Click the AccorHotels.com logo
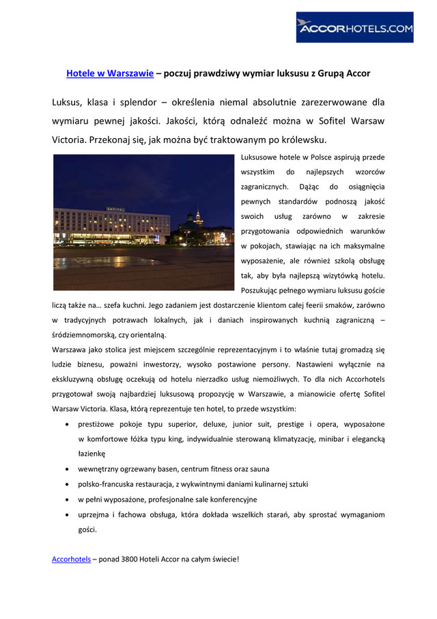[x=354, y=27]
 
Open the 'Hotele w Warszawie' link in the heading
[x=109, y=73]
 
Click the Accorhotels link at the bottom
[x=71, y=559]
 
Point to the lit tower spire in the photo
[x=199, y=217]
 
